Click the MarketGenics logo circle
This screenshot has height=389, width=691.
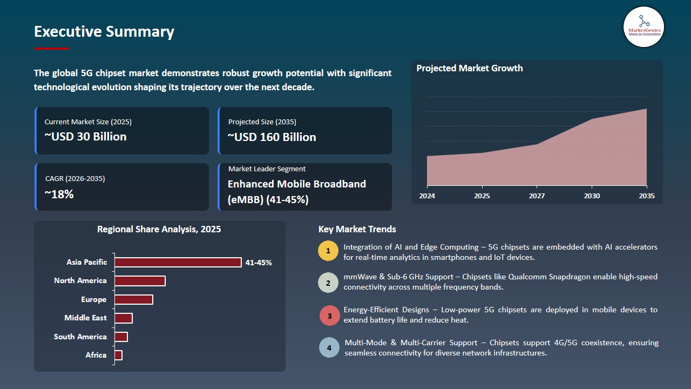[x=643, y=26]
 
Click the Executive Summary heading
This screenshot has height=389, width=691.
[x=104, y=32]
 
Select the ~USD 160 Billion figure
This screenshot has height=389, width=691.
[x=272, y=137]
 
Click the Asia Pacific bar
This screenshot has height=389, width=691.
[x=178, y=263]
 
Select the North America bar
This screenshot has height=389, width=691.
[x=140, y=281]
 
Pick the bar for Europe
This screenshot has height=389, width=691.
[x=134, y=299]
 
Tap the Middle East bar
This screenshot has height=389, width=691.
[x=124, y=318]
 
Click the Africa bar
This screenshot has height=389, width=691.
[x=119, y=355]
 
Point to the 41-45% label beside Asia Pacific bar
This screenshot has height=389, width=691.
[x=259, y=263]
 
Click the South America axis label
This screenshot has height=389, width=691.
[x=80, y=337]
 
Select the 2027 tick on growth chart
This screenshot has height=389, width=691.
[x=537, y=196]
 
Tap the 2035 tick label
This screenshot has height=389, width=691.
[x=646, y=196]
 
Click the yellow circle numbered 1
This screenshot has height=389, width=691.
[x=328, y=252]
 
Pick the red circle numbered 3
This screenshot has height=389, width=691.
[x=329, y=316]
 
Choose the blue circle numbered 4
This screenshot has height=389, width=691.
[x=329, y=347]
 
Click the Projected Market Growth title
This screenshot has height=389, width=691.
[x=469, y=68]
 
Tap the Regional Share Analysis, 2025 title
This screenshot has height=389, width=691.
[x=159, y=229]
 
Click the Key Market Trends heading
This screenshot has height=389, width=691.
[x=357, y=229]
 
